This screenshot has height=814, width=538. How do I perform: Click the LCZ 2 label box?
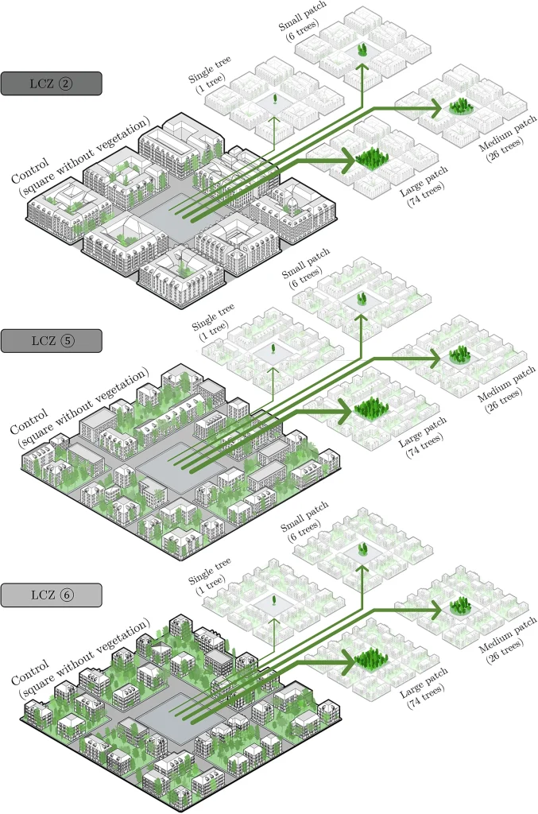[52, 83]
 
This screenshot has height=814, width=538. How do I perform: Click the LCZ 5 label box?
[52, 341]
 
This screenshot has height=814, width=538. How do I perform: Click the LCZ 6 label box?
[52, 594]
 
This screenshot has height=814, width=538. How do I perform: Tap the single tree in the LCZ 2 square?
[275, 100]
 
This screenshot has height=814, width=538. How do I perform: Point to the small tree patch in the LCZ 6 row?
[364, 548]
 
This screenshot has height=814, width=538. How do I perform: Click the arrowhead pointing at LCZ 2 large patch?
[346, 161]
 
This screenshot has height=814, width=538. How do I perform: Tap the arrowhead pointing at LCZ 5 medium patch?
[435, 359]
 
